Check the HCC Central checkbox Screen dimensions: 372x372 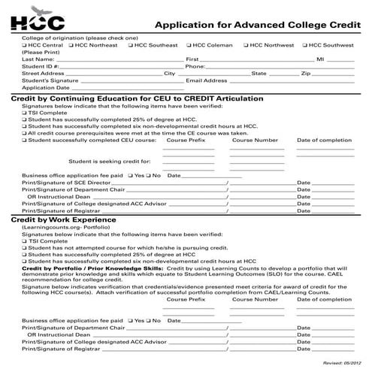pos(26,45)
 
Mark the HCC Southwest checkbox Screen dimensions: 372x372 pos(304,45)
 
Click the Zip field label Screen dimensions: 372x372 pos(306,73)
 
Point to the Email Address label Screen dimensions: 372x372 pos(206,80)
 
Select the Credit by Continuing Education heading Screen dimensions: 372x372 pos(136,98)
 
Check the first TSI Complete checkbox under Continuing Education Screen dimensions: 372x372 pos(25,113)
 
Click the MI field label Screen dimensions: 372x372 pos(320,59)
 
